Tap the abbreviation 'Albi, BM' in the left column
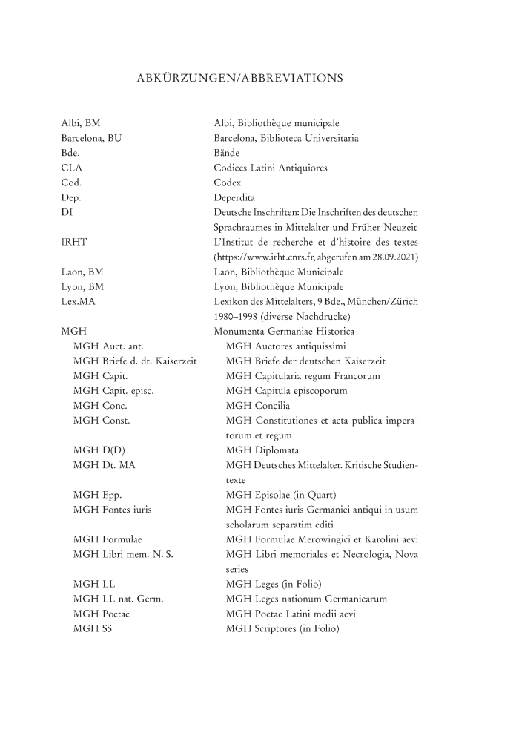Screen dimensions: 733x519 (x=81, y=122)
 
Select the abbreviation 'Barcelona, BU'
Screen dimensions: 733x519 (x=91, y=137)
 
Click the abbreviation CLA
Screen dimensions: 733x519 (x=71, y=168)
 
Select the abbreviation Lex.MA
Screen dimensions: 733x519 (x=77, y=302)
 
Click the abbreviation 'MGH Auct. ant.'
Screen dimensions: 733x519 (x=108, y=346)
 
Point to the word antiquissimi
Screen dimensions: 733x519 (x=311, y=346)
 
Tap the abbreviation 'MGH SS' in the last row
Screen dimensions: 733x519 (x=93, y=629)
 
